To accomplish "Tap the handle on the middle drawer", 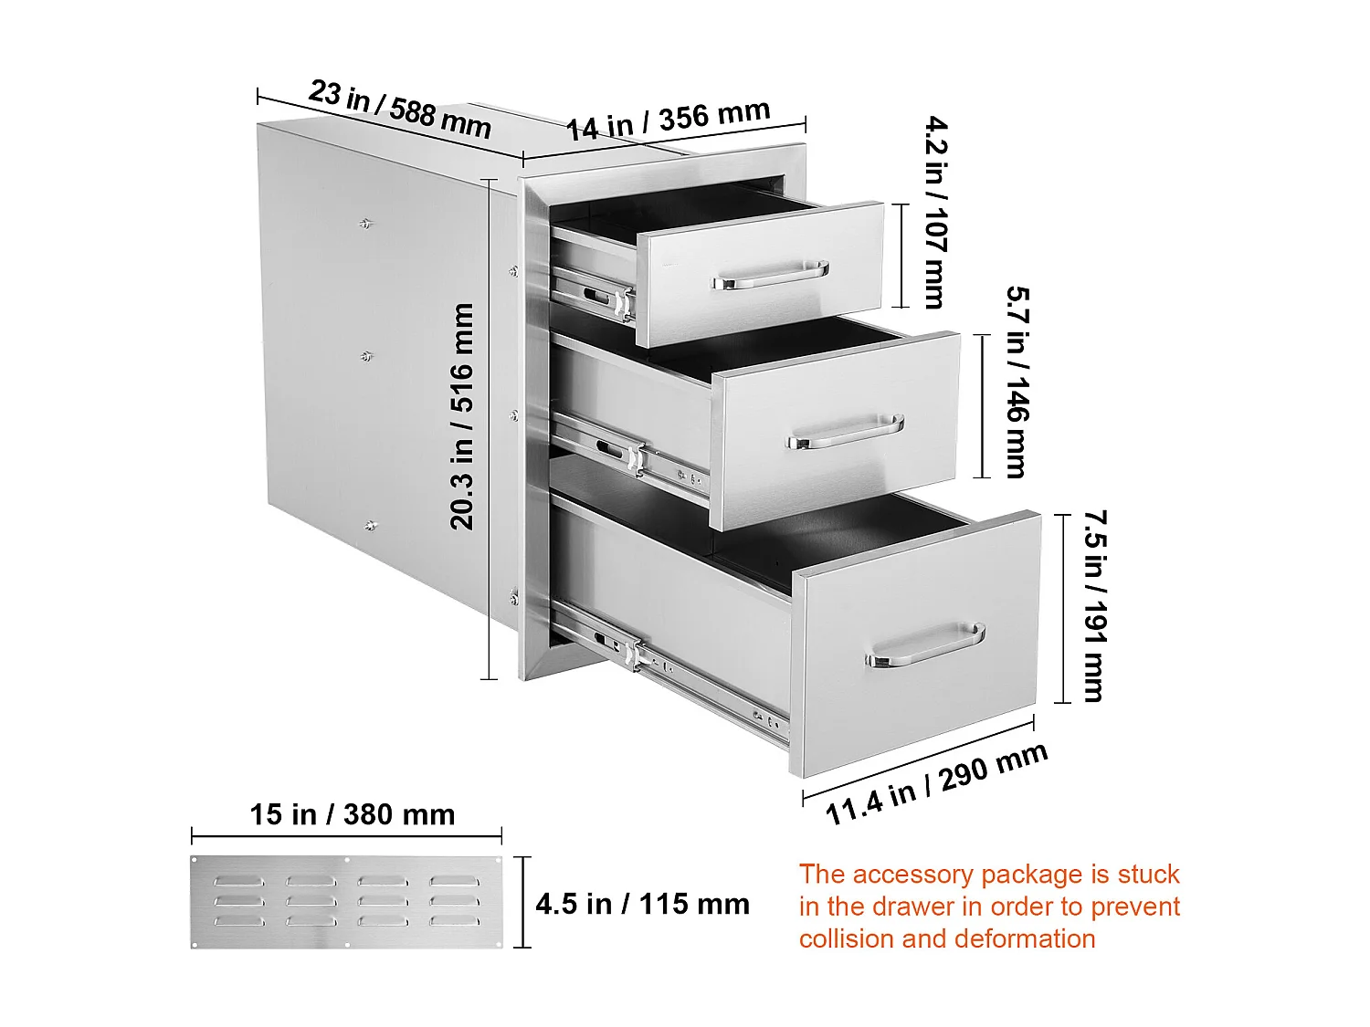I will tap(845, 432).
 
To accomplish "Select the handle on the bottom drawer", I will tap(924, 645).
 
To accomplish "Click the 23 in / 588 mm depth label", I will tap(400, 109).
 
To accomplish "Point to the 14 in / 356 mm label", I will tap(668, 121).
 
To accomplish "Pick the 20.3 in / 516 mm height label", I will tap(462, 416).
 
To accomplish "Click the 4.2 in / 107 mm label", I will tap(935, 212).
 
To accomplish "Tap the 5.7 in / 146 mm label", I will tap(1016, 382).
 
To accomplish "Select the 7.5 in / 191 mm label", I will tap(1094, 606).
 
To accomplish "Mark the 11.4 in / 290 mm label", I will tap(936, 784).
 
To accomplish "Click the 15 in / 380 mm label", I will tap(353, 814).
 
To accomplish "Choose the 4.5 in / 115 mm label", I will tap(642, 905).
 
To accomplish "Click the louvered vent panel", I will tap(346, 902).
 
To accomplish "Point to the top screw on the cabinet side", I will tap(366, 222).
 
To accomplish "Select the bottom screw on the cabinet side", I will tap(370, 525).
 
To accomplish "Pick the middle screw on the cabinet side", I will tap(367, 357).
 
